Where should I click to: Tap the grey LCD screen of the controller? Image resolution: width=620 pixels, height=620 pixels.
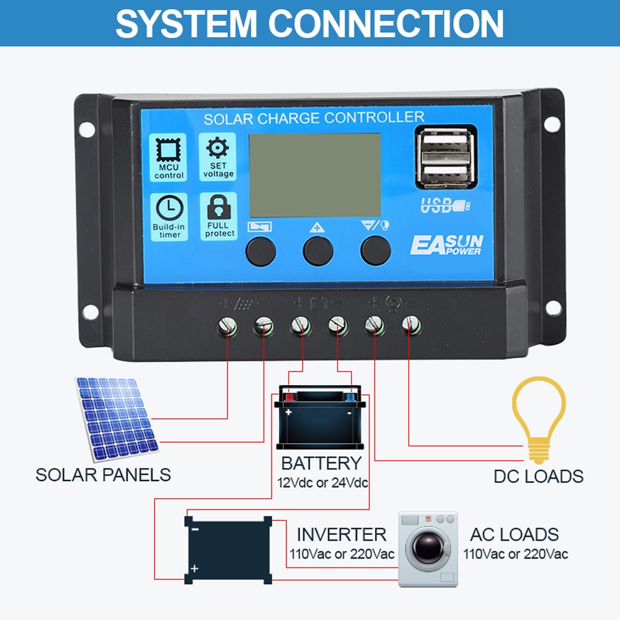[x=314, y=175]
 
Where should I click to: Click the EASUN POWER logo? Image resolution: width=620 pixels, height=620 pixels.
[x=446, y=245]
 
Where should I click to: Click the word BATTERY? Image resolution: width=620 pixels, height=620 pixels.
[x=321, y=463]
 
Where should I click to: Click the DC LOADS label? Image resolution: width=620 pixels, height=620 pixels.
[x=538, y=476]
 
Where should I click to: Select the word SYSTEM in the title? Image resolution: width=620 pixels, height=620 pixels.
[x=185, y=23]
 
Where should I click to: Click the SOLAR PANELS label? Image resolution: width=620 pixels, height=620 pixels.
[x=103, y=475]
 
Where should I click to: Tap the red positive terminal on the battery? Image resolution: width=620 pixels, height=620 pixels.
[x=290, y=396]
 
